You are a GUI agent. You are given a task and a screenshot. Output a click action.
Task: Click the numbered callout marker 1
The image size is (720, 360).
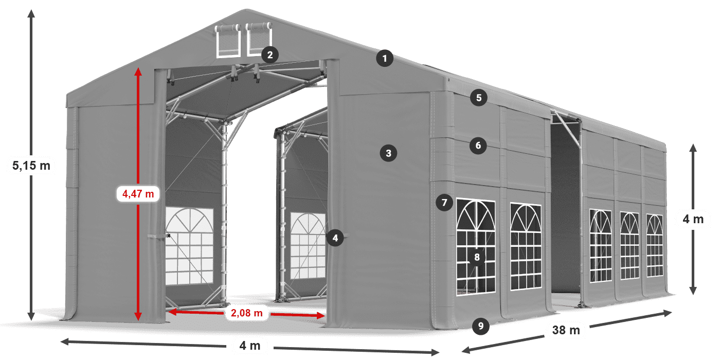(x=384, y=59)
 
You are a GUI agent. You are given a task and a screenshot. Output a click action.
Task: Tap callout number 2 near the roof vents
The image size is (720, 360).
(x=269, y=55)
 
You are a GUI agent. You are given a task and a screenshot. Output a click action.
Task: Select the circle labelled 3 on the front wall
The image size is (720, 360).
(x=388, y=153)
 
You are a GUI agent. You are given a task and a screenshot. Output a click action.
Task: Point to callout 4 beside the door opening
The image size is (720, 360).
(x=335, y=238)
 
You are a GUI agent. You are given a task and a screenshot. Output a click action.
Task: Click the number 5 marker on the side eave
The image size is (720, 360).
(x=479, y=98)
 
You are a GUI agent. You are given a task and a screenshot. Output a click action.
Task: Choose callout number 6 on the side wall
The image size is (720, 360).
(x=478, y=146)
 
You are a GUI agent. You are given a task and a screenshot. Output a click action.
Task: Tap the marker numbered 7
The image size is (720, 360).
(x=444, y=203)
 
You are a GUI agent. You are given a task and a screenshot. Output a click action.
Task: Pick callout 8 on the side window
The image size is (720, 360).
(x=477, y=258)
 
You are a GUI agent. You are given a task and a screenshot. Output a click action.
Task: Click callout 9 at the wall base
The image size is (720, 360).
(x=480, y=325)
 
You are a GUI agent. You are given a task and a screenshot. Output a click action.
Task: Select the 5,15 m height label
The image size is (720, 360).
(x=31, y=166)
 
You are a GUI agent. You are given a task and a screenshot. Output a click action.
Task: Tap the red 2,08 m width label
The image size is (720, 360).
(x=246, y=312)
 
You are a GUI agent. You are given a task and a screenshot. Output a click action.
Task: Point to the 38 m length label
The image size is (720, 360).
(x=566, y=330)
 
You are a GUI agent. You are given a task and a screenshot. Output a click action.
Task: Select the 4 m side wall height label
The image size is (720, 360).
(x=693, y=220)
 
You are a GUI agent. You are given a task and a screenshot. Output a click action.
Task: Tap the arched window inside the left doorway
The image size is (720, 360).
(x=189, y=242)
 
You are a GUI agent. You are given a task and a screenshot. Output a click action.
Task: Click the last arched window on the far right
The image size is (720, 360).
(x=655, y=245)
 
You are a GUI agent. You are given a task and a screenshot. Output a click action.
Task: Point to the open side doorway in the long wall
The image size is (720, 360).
(x=565, y=211)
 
